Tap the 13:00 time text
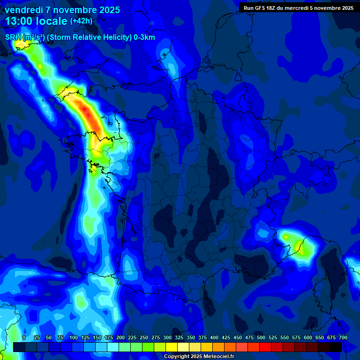pyautogui.click(x=20, y=21)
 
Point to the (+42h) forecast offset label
pyautogui.click(x=81, y=21)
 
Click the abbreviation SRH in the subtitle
pyautogui.click(x=13, y=37)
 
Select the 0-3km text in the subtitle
pyautogui.click(x=144, y=37)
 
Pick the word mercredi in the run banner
pyautogui.click(x=295, y=7)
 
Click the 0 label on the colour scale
pyautogui.click(x=24, y=337)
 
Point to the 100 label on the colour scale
pyautogui.click(x=74, y=337)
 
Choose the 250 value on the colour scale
pyautogui.click(x=144, y=337)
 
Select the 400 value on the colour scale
pyautogui.click(x=214, y=337)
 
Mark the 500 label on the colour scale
pyautogui.click(x=261, y=337)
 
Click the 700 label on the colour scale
pyautogui.click(x=343, y=337)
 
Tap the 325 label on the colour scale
pyautogui.click(x=179, y=337)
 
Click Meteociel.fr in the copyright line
pyautogui.click(x=218, y=357)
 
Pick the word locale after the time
pyautogui.click(x=52, y=21)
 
